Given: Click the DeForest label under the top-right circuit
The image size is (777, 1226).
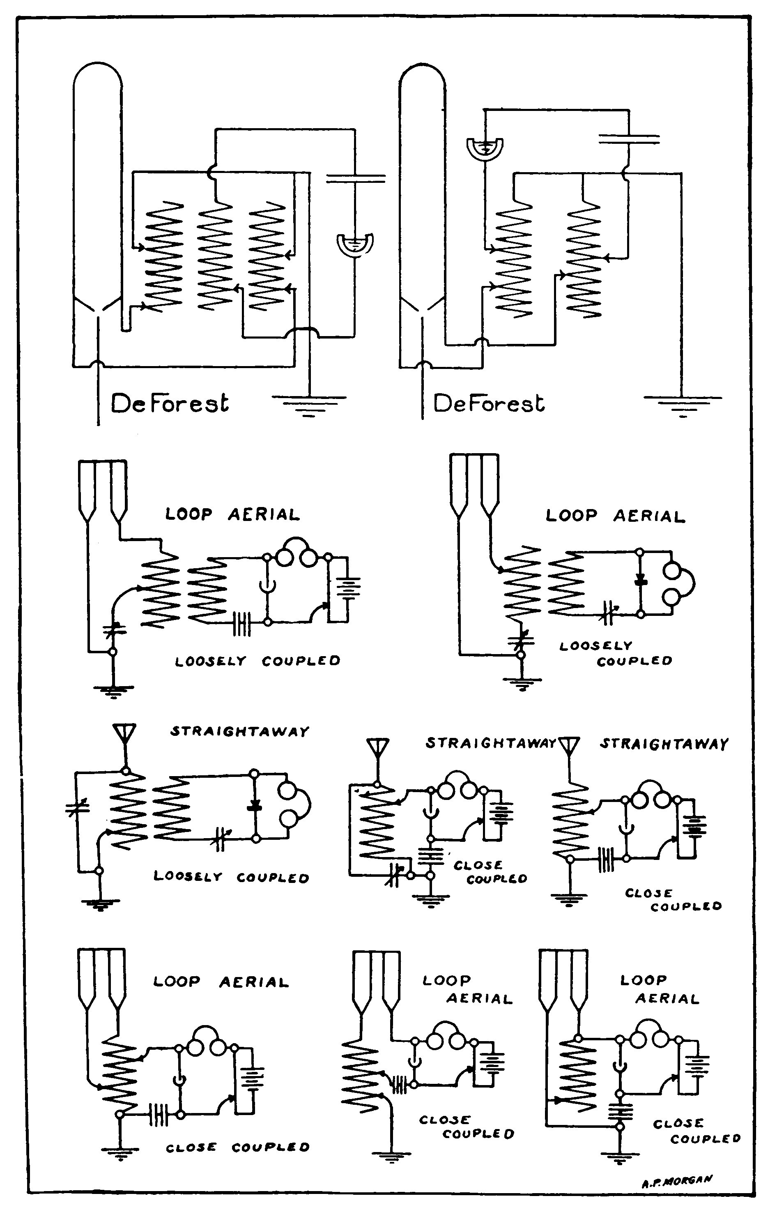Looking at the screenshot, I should (x=488, y=404).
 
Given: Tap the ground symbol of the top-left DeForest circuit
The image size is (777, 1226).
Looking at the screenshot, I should (x=308, y=406).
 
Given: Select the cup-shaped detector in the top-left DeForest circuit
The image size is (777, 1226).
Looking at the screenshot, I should (x=355, y=244).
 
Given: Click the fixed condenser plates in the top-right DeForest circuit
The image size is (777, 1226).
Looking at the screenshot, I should (x=629, y=138).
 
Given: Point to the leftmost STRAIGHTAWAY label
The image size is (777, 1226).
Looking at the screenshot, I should (x=239, y=732).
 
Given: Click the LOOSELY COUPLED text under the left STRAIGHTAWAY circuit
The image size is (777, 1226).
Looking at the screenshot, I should (x=232, y=877).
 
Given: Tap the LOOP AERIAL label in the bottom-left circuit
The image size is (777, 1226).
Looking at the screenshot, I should (x=221, y=982).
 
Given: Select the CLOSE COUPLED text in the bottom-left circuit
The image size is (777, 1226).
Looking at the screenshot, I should (x=237, y=1147).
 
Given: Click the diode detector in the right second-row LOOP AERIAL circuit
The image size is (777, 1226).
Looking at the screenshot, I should (x=641, y=581).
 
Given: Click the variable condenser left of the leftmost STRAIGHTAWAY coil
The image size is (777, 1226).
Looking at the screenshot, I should (x=77, y=807).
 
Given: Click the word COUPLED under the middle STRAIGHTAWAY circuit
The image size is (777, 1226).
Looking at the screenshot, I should (x=497, y=879).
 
